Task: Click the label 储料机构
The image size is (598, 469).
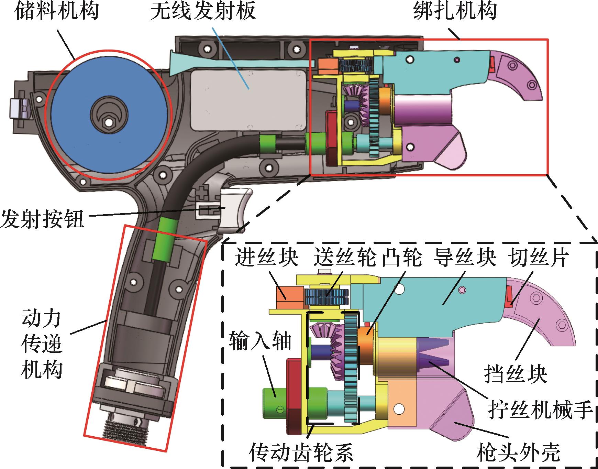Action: (x=56, y=11)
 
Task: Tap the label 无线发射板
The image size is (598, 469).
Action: (x=203, y=11)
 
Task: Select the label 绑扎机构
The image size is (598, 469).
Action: (x=455, y=11)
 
